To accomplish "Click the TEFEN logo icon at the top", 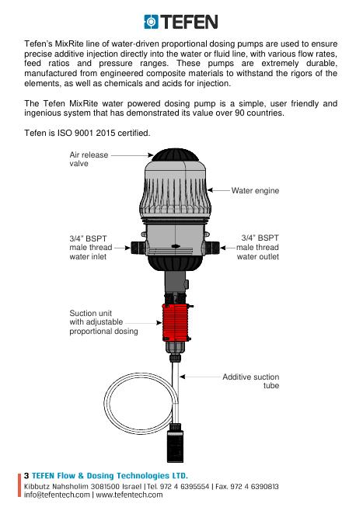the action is pyautogui.click(x=151, y=22).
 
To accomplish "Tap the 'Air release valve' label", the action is pyautogui.click(x=89, y=159).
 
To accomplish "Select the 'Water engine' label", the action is pyautogui.click(x=255, y=190).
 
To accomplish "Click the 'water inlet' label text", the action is pyautogui.click(x=88, y=256).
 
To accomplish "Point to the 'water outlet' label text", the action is pyautogui.click(x=258, y=256).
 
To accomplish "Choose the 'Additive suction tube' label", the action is pyautogui.click(x=251, y=381).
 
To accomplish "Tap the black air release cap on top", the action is pyautogui.click(x=175, y=155).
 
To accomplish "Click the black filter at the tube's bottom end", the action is pyautogui.click(x=175, y=443).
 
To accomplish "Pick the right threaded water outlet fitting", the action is pyautogui.click(x=212, y=248).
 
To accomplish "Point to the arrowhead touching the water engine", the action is pyautogui.click(x=210, y=189).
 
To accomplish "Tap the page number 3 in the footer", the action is pyautogui.click(x=26, y=476).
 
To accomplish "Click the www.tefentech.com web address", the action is pyautogui.click(x=129, y=495).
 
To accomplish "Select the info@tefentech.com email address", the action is pyautogui.click(x=57, y=495).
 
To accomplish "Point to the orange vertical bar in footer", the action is pyautogui.click(x=19, y=485).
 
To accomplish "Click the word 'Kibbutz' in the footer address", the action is pyautogui.click(x=37, y=486).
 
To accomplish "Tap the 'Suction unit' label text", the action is pyautogui.click(x=91, y=313).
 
